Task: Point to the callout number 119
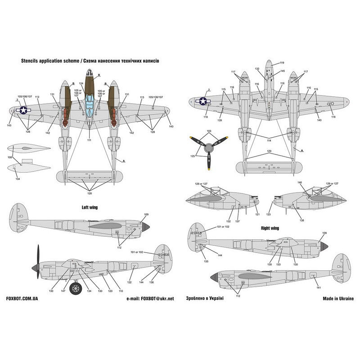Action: (282, 63)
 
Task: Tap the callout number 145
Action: (282, 71)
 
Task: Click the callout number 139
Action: (219, 121)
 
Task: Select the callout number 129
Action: (269, 151)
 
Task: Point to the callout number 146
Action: (300, 183)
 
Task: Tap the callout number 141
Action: (318, 287)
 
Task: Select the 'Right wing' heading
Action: (270, 228)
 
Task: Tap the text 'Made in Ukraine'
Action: (338, 298)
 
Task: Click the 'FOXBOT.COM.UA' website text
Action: (22, 298)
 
